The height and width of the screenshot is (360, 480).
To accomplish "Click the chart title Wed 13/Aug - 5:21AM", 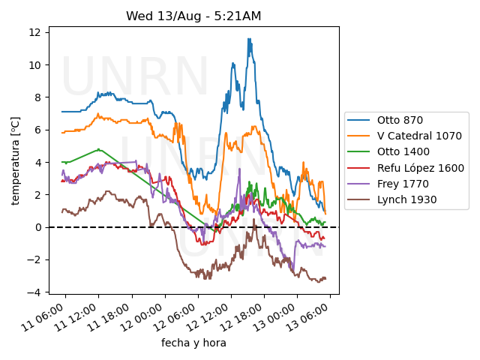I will (x=193, y=16).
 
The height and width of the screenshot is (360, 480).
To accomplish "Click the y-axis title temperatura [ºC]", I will (x=15, y=160).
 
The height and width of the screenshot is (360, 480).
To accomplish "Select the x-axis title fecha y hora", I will (x=193, y=343).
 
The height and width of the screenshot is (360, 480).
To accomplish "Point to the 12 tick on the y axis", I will (x=34, y=32).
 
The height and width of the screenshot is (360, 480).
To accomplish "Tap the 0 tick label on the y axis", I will (x=37, y=227).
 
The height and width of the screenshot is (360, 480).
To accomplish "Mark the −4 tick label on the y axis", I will (x=34, y=292).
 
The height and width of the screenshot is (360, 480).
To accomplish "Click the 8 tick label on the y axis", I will (x=37, y=97).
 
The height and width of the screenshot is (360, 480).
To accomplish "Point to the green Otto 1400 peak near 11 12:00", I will (x=98, y=149).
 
